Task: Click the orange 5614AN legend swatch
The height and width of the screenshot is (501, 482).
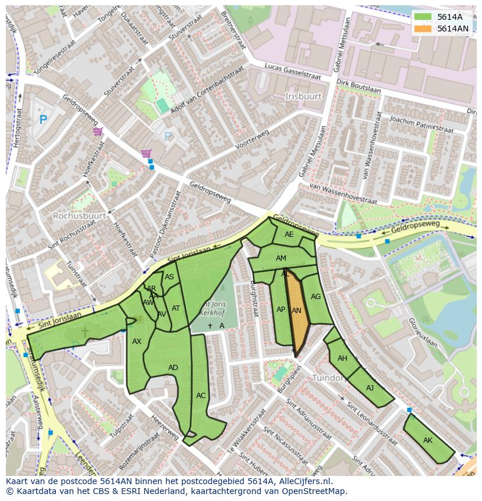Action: [423, 29]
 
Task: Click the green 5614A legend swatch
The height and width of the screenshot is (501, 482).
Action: [423, 17]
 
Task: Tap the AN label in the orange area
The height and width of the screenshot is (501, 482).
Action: [296, 311]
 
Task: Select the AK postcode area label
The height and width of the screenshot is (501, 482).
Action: [428, 440]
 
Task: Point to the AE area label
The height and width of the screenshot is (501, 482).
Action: [289, 234]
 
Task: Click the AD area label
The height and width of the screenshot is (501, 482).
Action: [173, 368]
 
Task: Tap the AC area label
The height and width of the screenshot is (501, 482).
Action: [201, 396]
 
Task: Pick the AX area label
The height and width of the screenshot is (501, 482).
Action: [137, 342]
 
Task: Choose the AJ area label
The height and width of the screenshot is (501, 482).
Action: [370, 388]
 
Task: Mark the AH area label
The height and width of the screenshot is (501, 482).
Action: [342, 358]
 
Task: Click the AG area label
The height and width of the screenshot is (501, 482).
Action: [316, 297]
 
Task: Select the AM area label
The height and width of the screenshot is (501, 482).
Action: [281, 258]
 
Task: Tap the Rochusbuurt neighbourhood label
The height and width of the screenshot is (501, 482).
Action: [79, 215]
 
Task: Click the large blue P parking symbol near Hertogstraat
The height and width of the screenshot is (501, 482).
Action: [42, 120]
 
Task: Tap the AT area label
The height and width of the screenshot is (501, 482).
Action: [176, 308]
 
